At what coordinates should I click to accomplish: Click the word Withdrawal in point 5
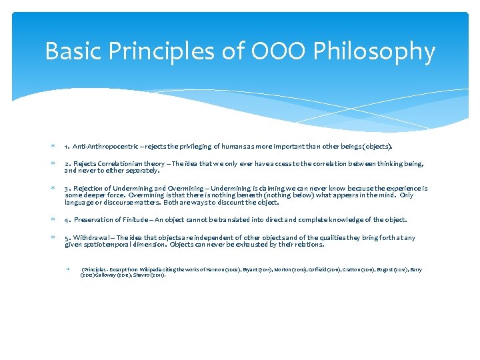(95, 238)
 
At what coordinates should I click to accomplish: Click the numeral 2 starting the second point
(67, 163)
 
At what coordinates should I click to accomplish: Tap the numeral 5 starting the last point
(67, 238)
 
